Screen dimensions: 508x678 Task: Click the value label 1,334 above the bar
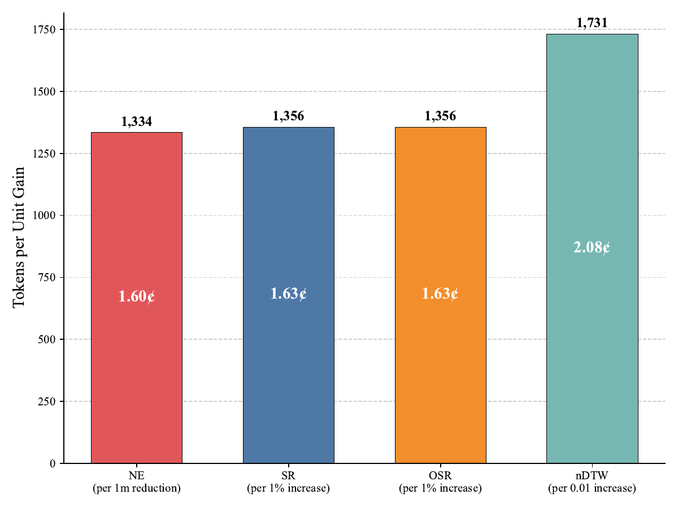(136, 121)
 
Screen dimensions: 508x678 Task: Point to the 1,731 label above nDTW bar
(592, 23)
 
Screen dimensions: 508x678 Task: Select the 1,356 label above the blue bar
(288, 116)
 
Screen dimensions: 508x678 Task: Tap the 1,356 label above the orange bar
(440, 116)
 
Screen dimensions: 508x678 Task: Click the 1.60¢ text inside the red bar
(136, 296)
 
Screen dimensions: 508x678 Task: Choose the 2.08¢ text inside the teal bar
(592, 247)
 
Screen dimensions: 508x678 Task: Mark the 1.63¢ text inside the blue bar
(288, 294)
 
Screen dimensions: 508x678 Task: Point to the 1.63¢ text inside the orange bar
(440, 294)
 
